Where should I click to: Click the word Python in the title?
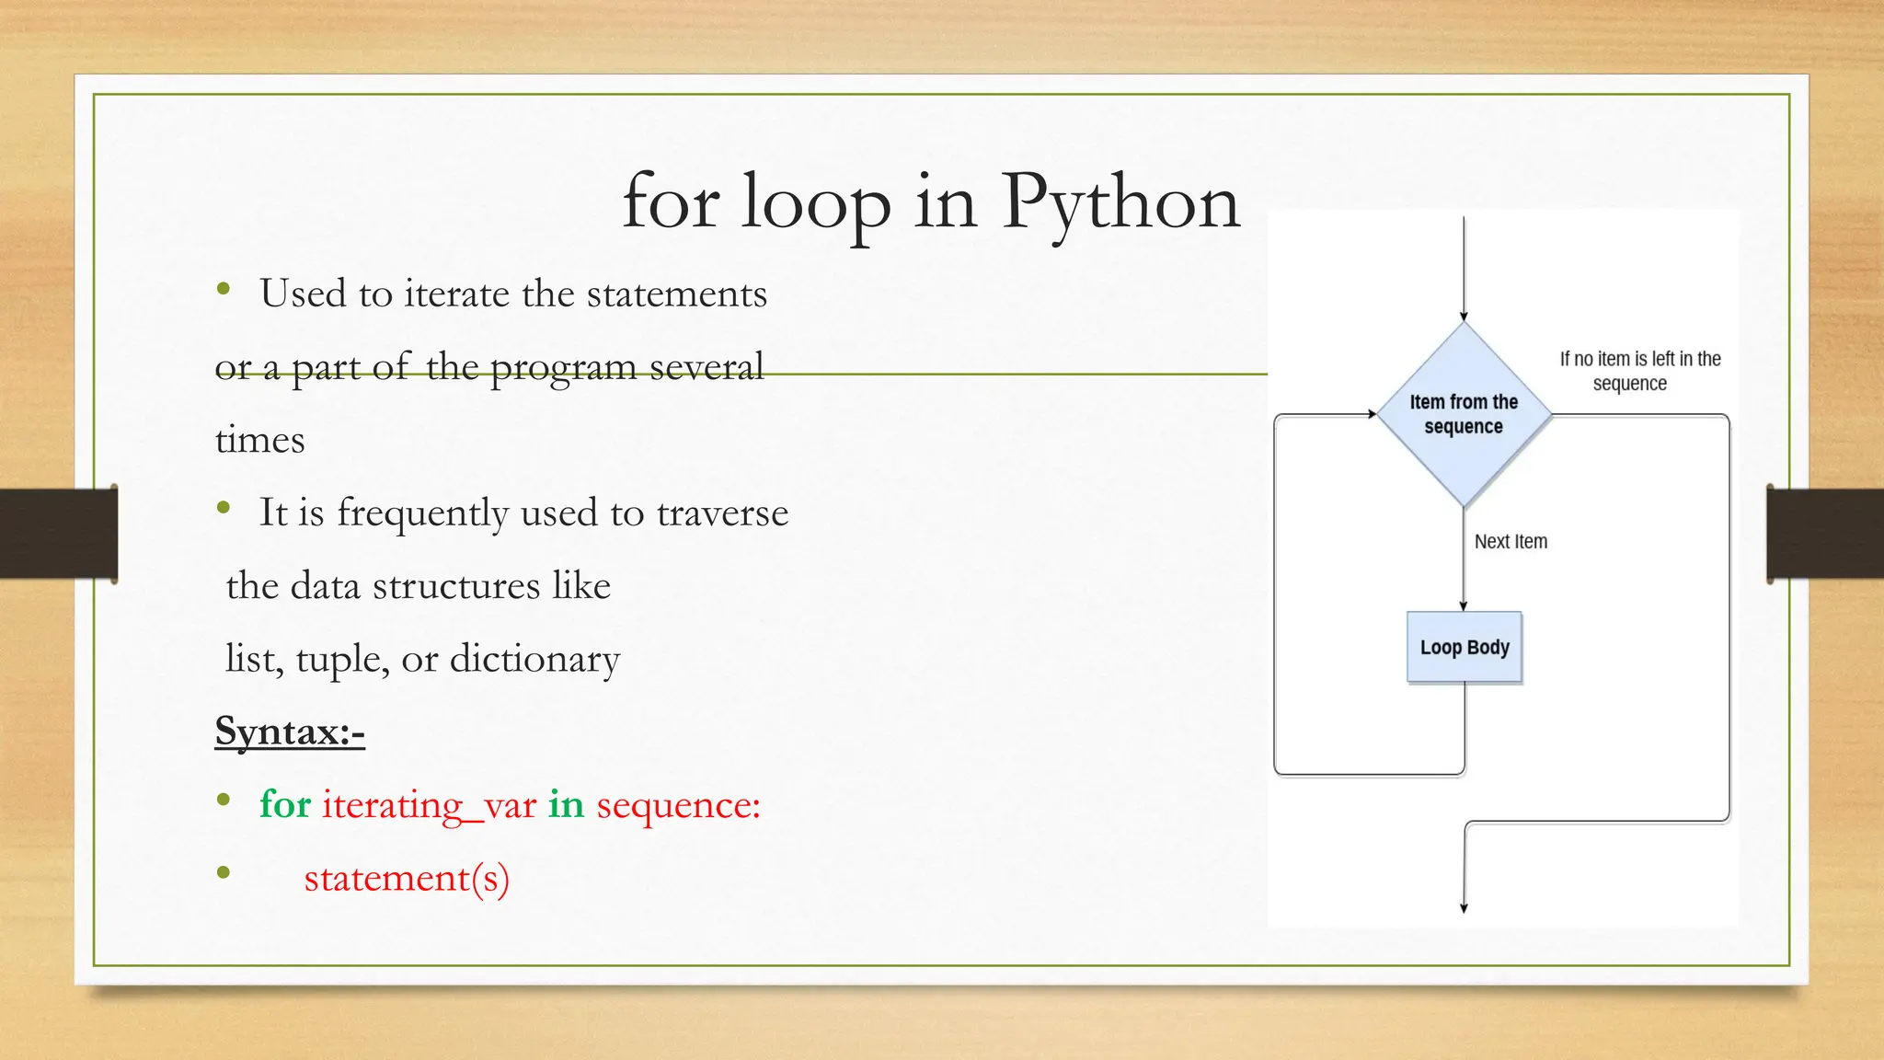[x=1120, y=202]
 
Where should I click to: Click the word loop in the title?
[x=816, y=202]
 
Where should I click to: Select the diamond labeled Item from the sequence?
[x=1464, y=414]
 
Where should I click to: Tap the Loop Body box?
[x=1465, y=647]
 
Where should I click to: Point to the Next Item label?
[x=1511, y=542]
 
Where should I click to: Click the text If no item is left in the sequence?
[x=1639, y=371]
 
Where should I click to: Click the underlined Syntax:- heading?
[x=290, y=732]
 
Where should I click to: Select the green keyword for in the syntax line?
[x=285, y=804]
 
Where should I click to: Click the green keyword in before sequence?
[x=567, y=804]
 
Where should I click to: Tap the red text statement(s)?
[x=407, y=878]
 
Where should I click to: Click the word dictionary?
[x=534, y=659]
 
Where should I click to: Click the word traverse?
[x=722, y=513]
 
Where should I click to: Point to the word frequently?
[x=422, y=513]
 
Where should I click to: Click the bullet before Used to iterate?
[x=224, y=290]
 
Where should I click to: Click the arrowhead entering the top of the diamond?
[x=1464, y=317]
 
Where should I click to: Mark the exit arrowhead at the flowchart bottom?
[x=1464, y=908]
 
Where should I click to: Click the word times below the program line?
[x=259, y=440]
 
